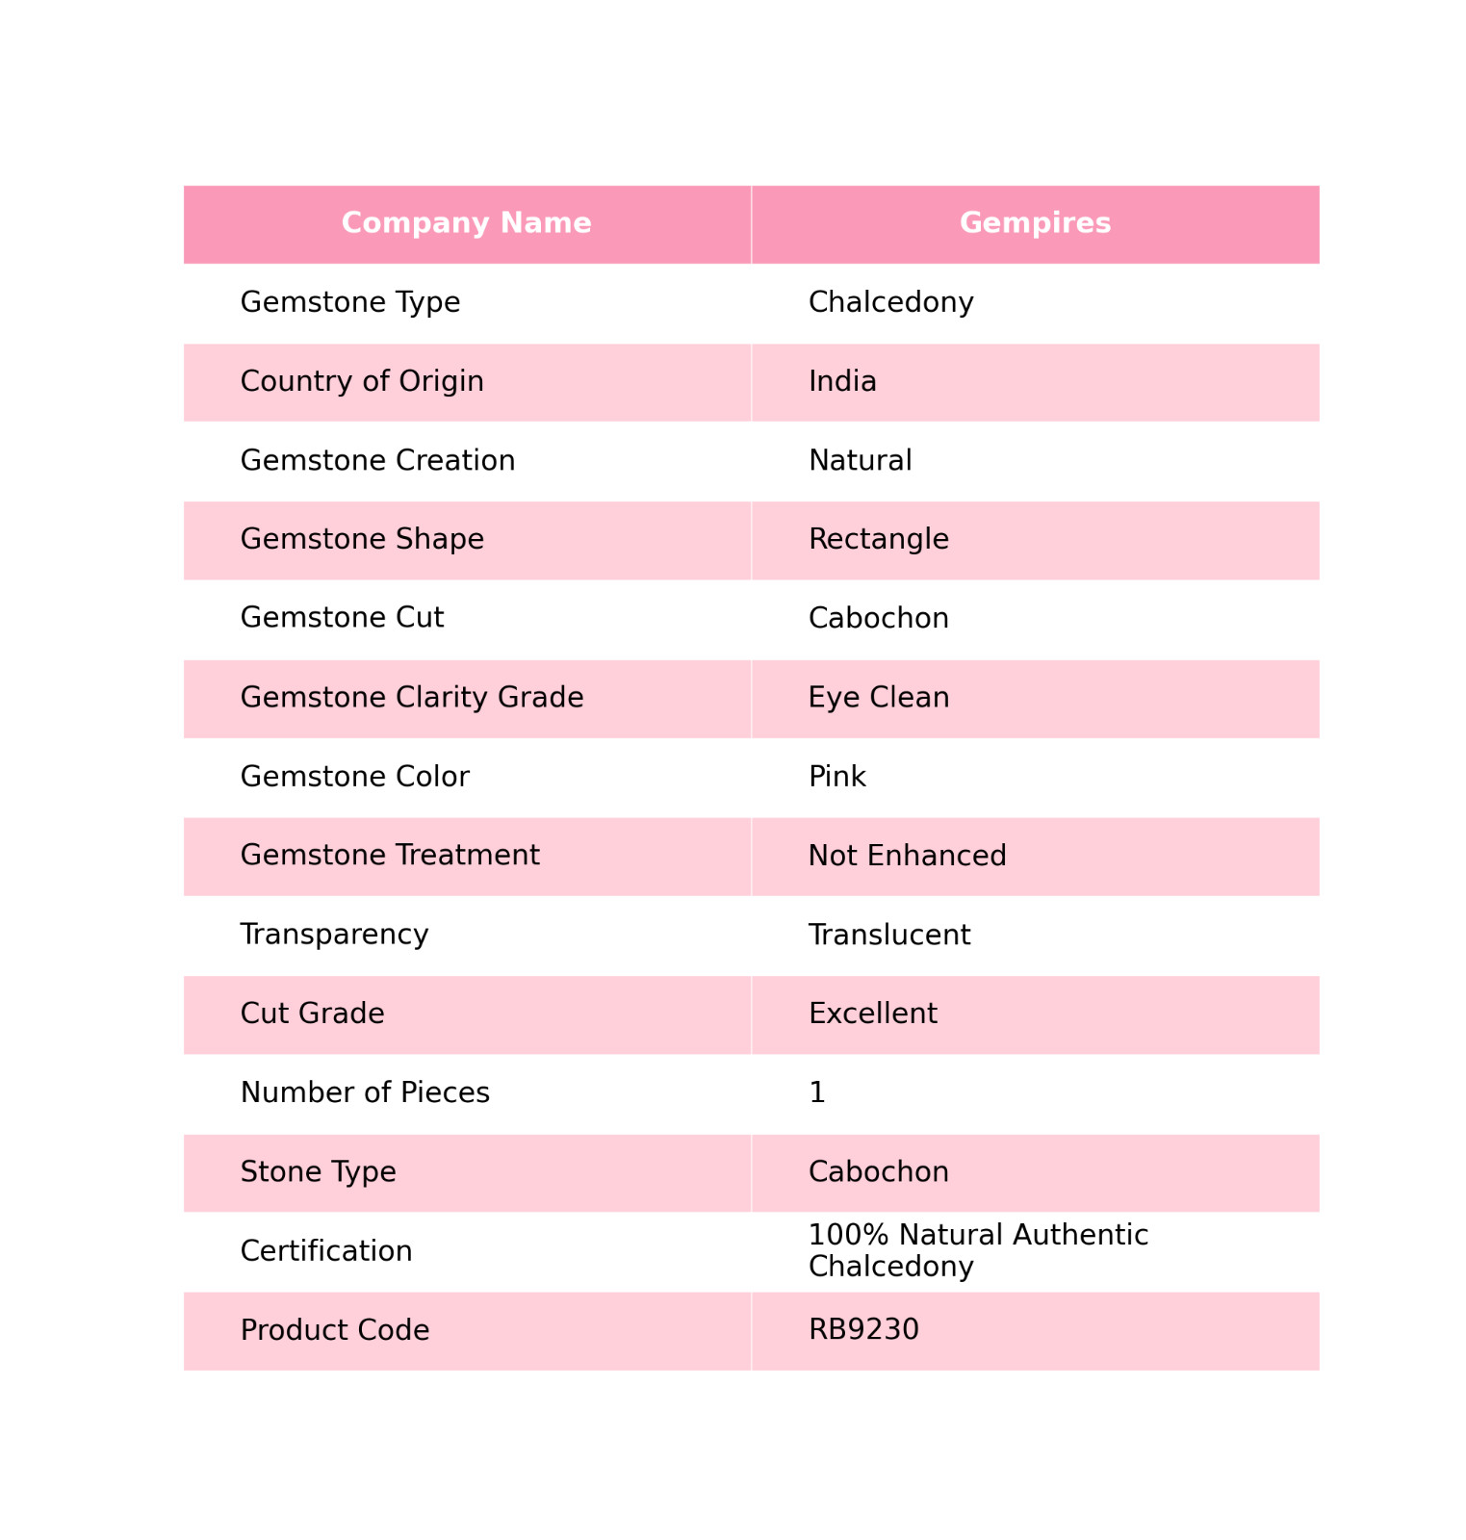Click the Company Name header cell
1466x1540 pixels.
pos(466,223)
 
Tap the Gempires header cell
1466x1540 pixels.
pos(1035,223)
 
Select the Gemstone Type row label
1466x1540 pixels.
pos(350,302)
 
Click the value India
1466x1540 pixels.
pos(842,382)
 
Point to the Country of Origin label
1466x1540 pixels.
pos(362,382)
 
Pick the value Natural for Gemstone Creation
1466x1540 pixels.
pos(860,461)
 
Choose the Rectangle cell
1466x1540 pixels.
pos(878,539)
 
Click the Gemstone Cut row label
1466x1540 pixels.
pos(342,618)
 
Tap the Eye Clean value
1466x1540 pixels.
pos(878,698)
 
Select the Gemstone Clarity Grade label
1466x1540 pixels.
pos(412,698)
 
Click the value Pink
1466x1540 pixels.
pos(836,777)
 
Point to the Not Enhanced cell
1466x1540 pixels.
pos(907,856)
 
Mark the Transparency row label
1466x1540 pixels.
pos(334,935)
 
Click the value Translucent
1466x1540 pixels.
pos(888,936)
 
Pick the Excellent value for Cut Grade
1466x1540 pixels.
pos(872,1014)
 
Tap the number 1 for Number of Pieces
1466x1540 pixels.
pos(817,1093)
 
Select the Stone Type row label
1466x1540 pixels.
pos(318,1172)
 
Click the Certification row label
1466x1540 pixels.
pos(326,1251)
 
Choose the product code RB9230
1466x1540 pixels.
pos(863,1330)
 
